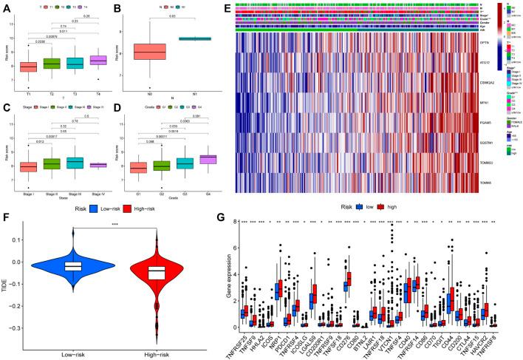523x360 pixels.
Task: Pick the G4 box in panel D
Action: coord(209,159)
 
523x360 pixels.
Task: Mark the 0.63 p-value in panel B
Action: coord(172,15)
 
